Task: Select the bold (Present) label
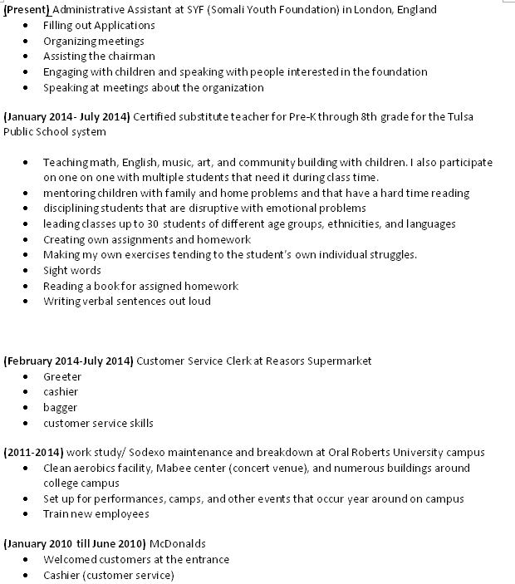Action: pyautogui.click(x=27, y=10)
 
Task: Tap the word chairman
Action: pyautogui.click(x=132, y=56)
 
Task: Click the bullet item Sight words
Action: pyautogui.click(x=72, y=271)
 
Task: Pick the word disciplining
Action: pyautogui.click(x=76, y=209)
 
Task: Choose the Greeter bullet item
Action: pyautogui.click(x=62, y=377)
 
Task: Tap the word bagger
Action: pyautogui.click(x=60, y=408)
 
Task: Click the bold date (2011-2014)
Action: pyautogui.click(x=33, y=453)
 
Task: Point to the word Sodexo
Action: pyautogui.click(x=147, y=453)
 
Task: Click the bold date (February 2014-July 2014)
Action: pyautogui.click(x=68, y=361)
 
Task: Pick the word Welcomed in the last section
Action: pyautogui.click(x=71, y=560)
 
